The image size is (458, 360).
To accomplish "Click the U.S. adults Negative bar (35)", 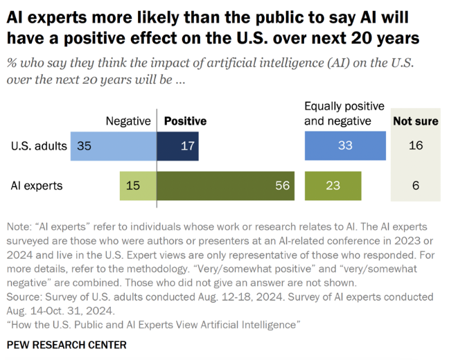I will [114, 146].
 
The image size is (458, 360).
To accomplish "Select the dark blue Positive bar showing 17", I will [178, 146].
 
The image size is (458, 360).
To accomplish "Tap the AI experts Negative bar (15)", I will [138, 186].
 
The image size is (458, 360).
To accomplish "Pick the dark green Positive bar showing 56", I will [226, 186].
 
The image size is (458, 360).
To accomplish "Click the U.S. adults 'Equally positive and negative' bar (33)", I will [345, 146].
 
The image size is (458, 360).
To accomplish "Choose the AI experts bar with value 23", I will [334, 186].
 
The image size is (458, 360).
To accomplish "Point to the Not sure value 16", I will [416, 146].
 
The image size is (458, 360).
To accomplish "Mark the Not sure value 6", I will [416, 186].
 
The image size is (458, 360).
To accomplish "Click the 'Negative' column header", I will [128, 121].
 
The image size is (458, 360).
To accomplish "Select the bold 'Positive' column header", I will [185, 121].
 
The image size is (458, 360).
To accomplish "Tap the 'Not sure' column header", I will [416, 121].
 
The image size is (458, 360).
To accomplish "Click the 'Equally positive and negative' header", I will [344, 114].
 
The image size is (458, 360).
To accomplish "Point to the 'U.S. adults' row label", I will [39, 146].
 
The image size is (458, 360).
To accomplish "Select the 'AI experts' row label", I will [37, 186].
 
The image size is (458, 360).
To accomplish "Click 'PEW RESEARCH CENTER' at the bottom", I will [66, 344].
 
